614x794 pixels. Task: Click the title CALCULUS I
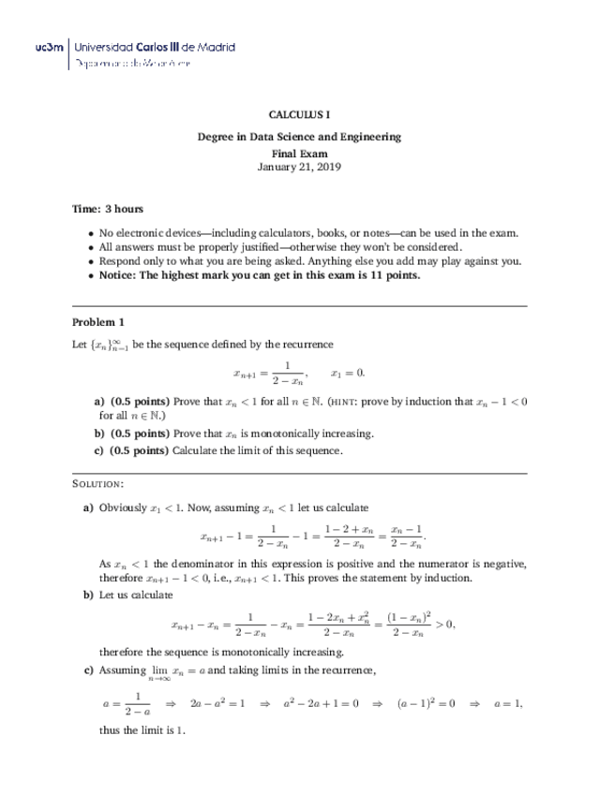[x=299, y=114]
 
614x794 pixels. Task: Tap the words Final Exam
[x=299, y=152]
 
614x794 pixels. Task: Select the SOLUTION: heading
[x=97, y=484]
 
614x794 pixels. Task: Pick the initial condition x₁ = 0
[x=348, y=373]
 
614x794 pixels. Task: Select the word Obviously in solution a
[x=123, y=507]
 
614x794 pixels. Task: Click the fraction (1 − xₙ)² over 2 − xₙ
[x=404, y=625]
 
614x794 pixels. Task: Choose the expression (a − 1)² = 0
[x=426, y=702]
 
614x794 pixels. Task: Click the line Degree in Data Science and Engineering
[x=299, y=137]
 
